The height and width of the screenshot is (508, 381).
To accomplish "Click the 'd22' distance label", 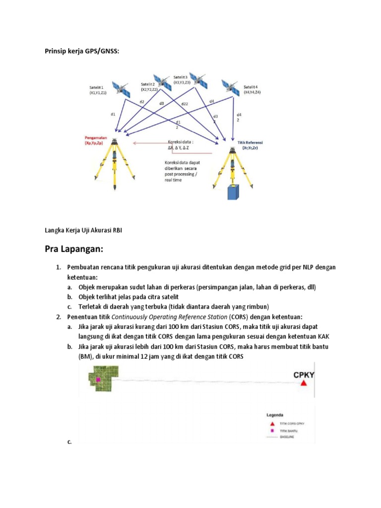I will (x=184, y=104).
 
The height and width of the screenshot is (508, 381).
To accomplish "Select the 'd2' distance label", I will (x=142, y=102).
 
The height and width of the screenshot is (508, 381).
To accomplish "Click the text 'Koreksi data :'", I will (x=181, y=141).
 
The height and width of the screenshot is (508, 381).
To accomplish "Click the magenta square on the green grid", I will (x=98, y=379).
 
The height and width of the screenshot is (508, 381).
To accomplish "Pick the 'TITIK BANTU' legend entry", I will (x=290, y=432).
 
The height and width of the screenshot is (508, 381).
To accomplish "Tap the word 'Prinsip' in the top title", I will (x=56, y=51).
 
